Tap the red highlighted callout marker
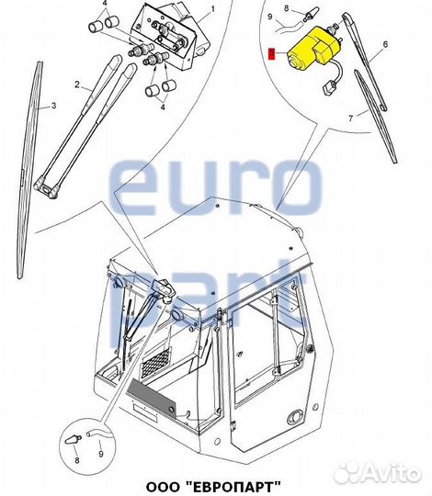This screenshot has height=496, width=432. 272,54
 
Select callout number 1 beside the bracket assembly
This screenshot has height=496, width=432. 212,9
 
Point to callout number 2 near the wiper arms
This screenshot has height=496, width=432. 77,85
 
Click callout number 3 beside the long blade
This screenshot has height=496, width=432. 54,106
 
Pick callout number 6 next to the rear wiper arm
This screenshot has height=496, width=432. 385,44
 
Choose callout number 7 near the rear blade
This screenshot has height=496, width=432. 351,118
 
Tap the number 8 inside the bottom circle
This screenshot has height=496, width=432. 77,460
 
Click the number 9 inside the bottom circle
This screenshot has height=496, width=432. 101,455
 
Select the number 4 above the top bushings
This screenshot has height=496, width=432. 105,4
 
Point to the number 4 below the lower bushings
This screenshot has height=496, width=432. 163,107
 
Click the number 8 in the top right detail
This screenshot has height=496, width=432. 287,8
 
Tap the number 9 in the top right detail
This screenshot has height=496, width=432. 270,17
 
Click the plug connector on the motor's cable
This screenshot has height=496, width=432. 327,87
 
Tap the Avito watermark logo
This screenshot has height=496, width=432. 378,473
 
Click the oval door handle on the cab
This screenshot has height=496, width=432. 295,418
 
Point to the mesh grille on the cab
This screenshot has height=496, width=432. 156,363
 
